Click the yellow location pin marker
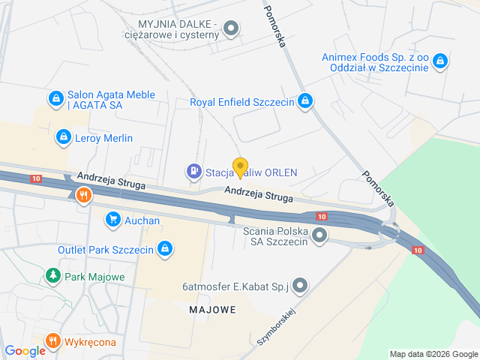point(240,167)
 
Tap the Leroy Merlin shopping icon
point(63,137)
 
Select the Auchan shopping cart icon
point(112,220)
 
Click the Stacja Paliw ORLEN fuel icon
point(194,172)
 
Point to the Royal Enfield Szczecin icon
point(305,101)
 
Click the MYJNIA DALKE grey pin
point(232,30)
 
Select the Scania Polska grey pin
point(320,236)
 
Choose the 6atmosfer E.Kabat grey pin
point(300,285)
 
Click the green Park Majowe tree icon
point(52,276)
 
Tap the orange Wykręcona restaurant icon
point(52,342)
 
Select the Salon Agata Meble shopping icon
point(55,98)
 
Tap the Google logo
point(25,350)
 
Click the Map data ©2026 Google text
point(434,354)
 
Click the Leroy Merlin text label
point(103,138)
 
